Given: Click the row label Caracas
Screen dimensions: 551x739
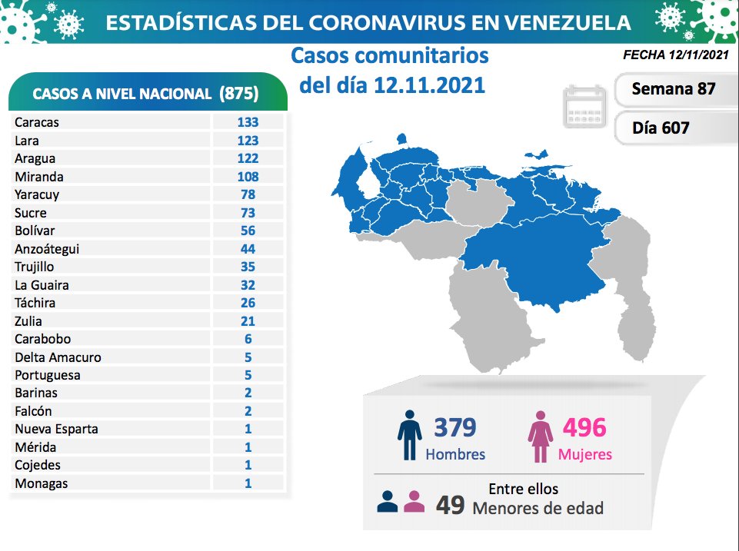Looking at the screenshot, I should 36,122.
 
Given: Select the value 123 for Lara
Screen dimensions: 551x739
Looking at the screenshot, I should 248,141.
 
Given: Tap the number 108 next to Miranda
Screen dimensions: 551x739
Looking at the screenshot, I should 248,177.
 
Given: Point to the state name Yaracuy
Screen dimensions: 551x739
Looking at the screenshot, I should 36,195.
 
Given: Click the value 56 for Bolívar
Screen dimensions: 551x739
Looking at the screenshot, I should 248,231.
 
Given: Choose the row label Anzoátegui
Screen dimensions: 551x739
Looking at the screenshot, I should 47,249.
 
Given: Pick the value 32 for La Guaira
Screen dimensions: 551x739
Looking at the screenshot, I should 248,285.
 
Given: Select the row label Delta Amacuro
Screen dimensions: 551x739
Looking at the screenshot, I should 58,357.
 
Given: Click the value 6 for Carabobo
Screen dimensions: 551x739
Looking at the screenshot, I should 248,339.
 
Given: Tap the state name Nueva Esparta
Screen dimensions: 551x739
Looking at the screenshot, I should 56,429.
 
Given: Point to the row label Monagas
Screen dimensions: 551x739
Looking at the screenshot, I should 41,483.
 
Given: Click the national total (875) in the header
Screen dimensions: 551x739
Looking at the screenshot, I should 238,94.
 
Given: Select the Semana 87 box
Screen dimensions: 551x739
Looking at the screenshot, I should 673,88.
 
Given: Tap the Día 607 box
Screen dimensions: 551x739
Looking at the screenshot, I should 661,128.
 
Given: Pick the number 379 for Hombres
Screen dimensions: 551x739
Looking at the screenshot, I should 454,427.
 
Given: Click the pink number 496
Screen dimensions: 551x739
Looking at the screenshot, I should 584,427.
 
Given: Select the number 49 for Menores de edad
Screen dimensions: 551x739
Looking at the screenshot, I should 450,506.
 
